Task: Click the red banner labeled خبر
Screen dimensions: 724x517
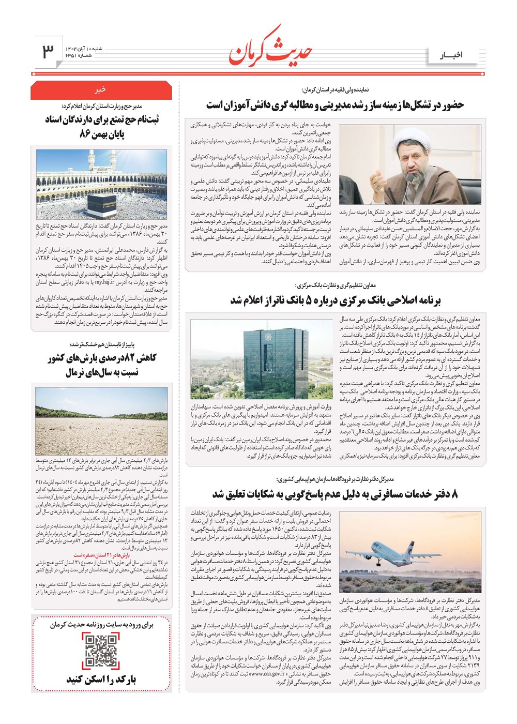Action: pos(101,90)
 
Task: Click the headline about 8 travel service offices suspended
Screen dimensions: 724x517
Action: pos(334,494)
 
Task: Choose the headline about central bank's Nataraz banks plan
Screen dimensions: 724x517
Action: pos(336,300)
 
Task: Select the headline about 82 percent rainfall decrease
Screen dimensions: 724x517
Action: pos(101,365)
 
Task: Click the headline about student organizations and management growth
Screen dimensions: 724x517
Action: pos(335,105)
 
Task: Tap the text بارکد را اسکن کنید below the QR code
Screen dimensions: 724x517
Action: pos(101,679)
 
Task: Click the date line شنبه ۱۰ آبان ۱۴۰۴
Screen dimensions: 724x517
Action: pos(84,48)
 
